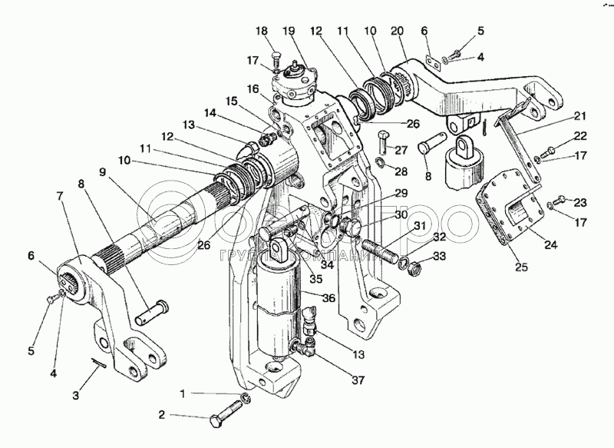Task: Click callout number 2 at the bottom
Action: click(162, 416)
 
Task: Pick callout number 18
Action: click(261, 32)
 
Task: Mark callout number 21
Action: click(579, 116)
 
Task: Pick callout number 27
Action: click(403, 151)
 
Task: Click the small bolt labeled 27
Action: click(385, 143)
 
